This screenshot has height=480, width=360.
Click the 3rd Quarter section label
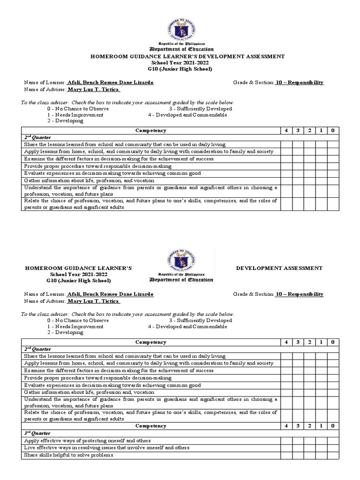37,434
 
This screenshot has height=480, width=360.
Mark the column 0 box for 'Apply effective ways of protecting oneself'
332,441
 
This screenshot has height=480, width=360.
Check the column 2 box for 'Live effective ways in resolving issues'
309,448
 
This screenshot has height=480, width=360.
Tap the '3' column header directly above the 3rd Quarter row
298,426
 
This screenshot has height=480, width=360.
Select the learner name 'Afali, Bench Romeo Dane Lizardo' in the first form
110,82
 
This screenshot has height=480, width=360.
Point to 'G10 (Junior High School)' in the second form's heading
78,281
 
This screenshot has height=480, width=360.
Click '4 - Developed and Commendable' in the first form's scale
187,115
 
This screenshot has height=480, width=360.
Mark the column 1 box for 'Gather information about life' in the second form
321,392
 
